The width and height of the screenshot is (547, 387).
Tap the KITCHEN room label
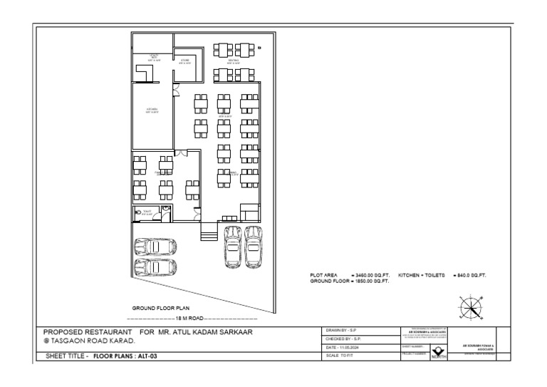pos(152,110)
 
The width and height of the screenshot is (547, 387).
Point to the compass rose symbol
pos(470,308)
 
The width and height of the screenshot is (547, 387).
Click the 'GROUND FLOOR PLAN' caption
pos(161,308)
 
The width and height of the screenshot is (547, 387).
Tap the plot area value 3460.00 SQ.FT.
pos(370,274)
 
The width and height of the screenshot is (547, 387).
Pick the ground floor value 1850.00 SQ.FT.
pos(370,281)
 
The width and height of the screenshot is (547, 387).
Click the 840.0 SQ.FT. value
pos(470,274)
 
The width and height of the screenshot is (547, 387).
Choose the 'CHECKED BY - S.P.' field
pos(345,339)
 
